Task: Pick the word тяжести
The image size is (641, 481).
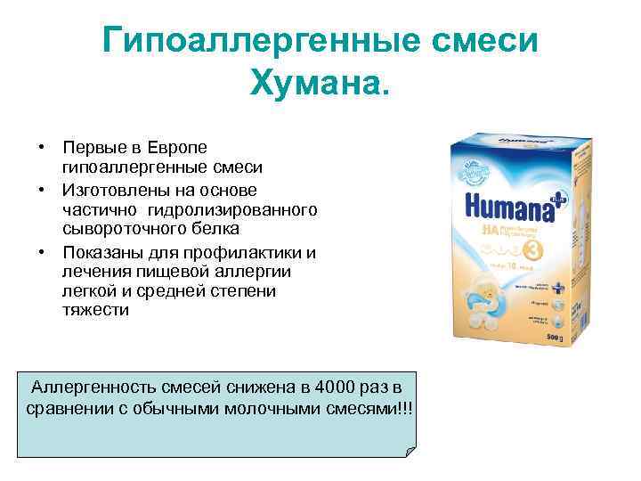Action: (95, 311)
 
